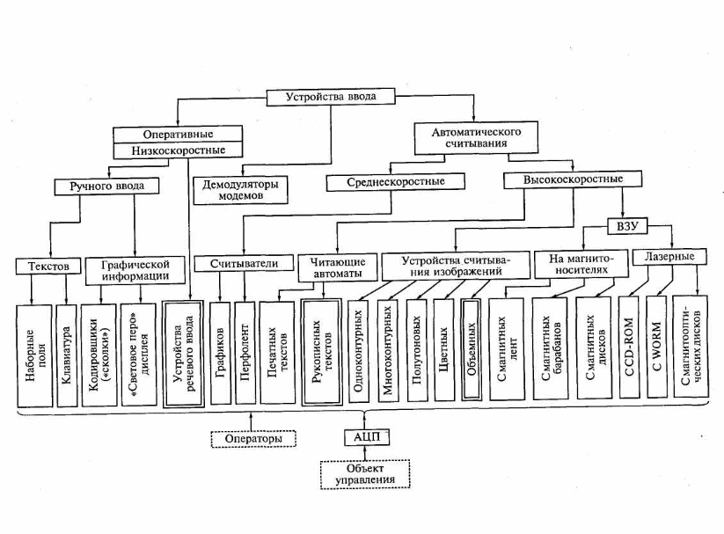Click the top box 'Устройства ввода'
322,99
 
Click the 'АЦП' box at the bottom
362,437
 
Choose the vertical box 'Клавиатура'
67,353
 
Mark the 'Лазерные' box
671,258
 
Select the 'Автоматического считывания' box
476,137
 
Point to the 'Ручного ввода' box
106,187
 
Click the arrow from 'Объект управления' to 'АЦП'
362,454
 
